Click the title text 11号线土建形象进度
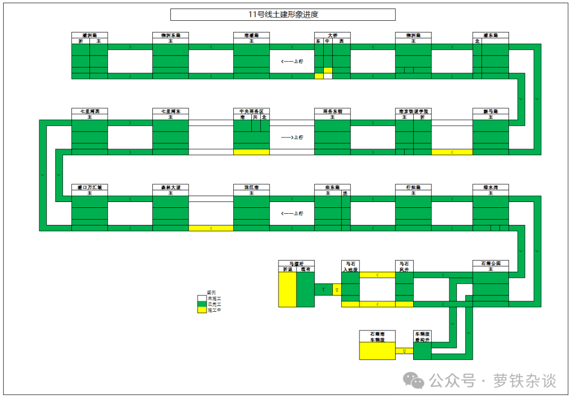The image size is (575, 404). (283, 14)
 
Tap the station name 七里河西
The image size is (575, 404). (89, 111)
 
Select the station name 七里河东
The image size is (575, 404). (170, 111)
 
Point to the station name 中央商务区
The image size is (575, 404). (251, 111)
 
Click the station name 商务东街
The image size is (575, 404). (332, 111)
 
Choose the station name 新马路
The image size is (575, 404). (490, 111)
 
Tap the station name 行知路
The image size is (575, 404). (413, 188)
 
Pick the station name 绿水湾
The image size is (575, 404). (490, 188)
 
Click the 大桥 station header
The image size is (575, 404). (332, 35)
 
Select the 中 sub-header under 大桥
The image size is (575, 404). (327, 41)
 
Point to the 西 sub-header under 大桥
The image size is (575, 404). (341, 41)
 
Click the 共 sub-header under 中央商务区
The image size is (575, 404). (256, 117)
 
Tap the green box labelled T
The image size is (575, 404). (323, 289)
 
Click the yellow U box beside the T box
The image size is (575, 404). (336, 289)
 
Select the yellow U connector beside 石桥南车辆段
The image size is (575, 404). (404, 351)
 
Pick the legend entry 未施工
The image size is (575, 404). (214, 298)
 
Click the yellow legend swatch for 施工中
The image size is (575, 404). (202, 310)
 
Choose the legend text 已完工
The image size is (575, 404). (214, 304)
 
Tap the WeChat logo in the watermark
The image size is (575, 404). (413, 380)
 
